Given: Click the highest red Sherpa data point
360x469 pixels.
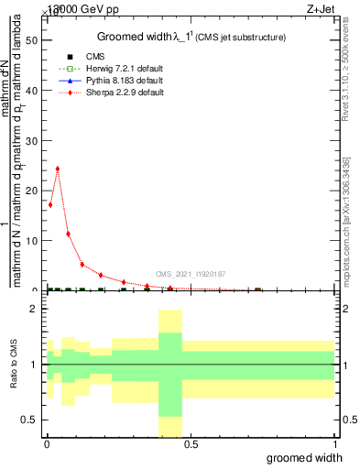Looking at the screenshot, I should tap(58, 169).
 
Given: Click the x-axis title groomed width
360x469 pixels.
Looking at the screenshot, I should tap(312, 457).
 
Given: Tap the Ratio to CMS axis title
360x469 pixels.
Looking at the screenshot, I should tap(15, 364).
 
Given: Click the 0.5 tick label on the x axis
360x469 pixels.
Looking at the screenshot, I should tap(191, 444).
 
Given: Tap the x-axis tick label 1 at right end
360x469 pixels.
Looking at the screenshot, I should tap(334, 444).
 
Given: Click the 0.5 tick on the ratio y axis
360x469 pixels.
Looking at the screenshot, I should tap(30, 420).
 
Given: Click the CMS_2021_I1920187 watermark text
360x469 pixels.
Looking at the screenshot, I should tap(190, 274).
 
